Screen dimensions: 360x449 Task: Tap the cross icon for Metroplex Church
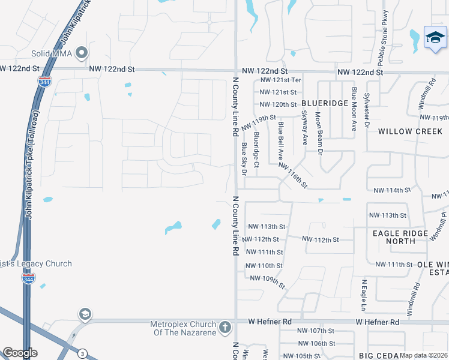(225, 328)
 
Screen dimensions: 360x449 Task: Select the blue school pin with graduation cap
(435, 38)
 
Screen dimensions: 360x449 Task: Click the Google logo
(20, 353)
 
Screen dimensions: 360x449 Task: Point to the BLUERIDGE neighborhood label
(325, 103)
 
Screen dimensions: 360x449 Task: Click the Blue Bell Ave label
(280, 140)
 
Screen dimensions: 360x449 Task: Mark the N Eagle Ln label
(364, 295)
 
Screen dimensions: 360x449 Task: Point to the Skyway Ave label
(304, 127)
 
